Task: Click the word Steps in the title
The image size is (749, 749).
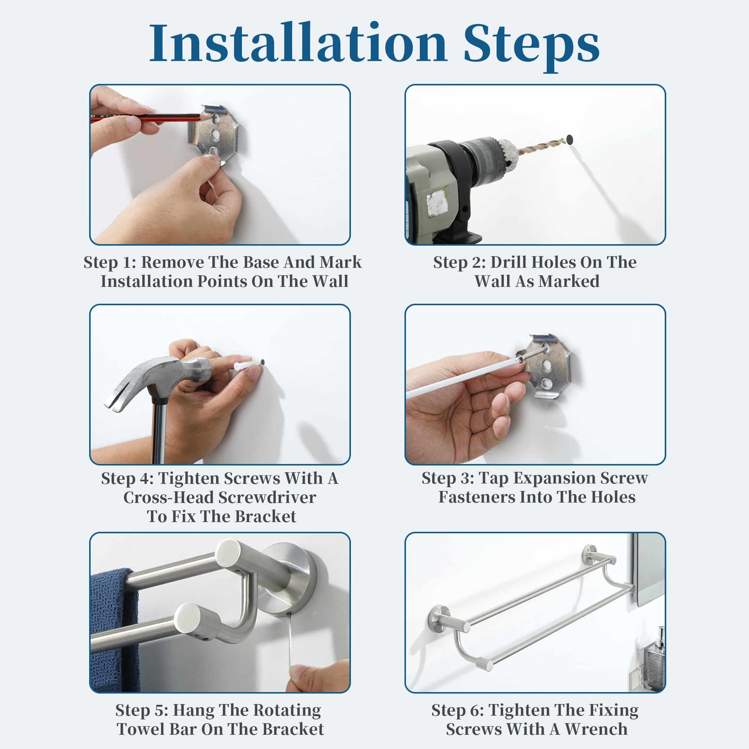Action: (531, 46)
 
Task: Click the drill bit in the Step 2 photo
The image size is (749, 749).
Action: (541, 146)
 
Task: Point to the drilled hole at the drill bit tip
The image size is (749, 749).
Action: (570, 139)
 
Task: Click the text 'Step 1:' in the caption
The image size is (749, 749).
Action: (110, 263)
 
